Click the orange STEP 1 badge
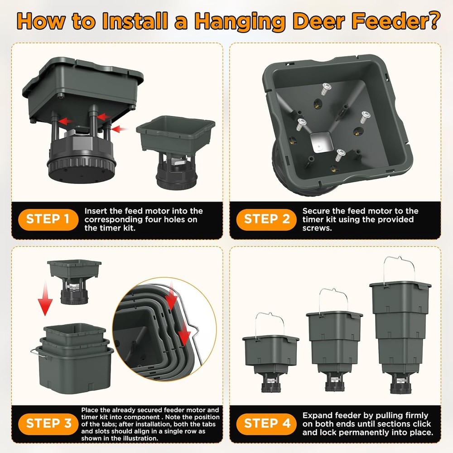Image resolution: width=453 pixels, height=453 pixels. click(47, 219)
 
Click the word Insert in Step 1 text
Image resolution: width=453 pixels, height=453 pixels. click(96, 211)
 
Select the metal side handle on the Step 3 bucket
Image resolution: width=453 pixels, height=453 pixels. click(35, 352)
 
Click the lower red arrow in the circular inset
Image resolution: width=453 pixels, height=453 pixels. click(184, 337)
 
